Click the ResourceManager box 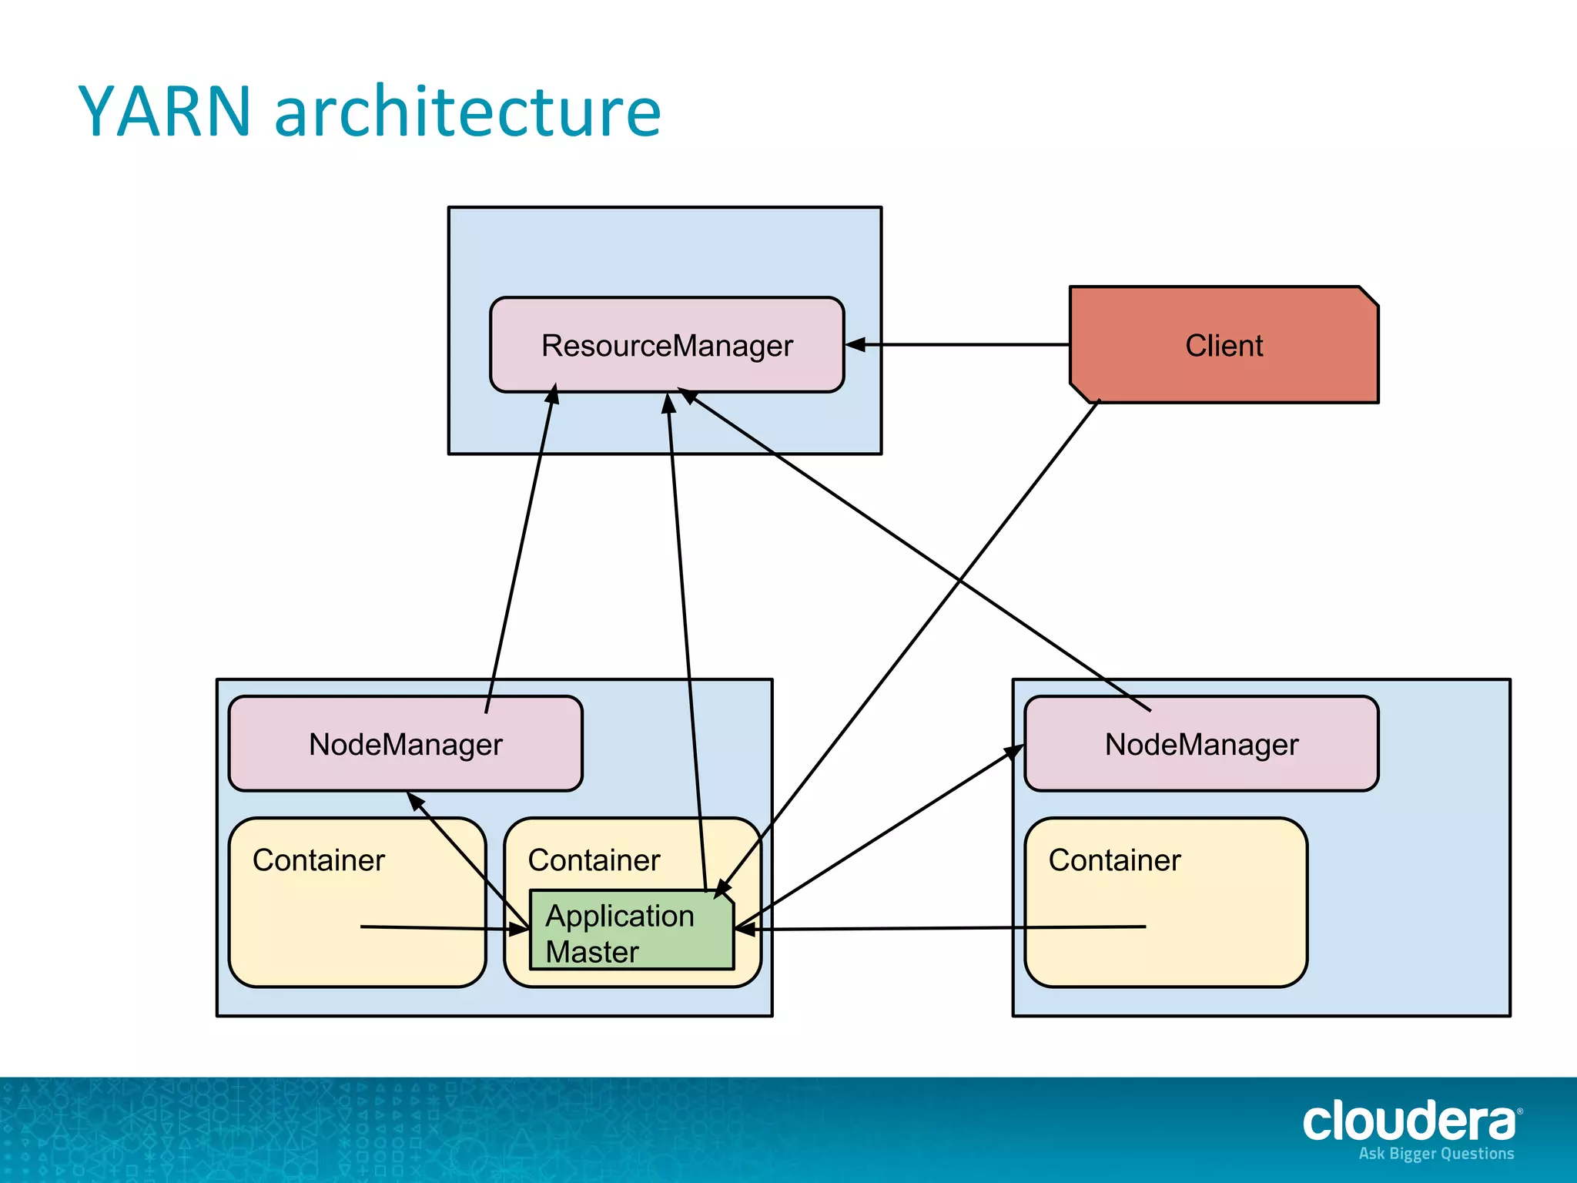coord(667,345)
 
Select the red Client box coord(1224,345)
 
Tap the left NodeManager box coord(405,744)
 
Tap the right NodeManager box coord(1201,744)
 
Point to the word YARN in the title coord(165,112)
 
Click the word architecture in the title coord(467,112)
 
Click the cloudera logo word coord(1409,1121)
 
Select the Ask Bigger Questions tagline coord(1436,1154)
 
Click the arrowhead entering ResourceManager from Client coord(855,345)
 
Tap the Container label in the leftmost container coord(318,860)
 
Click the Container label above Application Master coord(594,860)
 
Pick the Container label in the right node coord(1114,860)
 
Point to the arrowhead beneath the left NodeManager coord(415,801)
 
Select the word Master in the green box coord(592,952)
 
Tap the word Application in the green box coord(620,916)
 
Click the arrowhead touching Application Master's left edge coord(520,930)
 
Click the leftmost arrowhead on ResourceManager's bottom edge coord(552,394)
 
